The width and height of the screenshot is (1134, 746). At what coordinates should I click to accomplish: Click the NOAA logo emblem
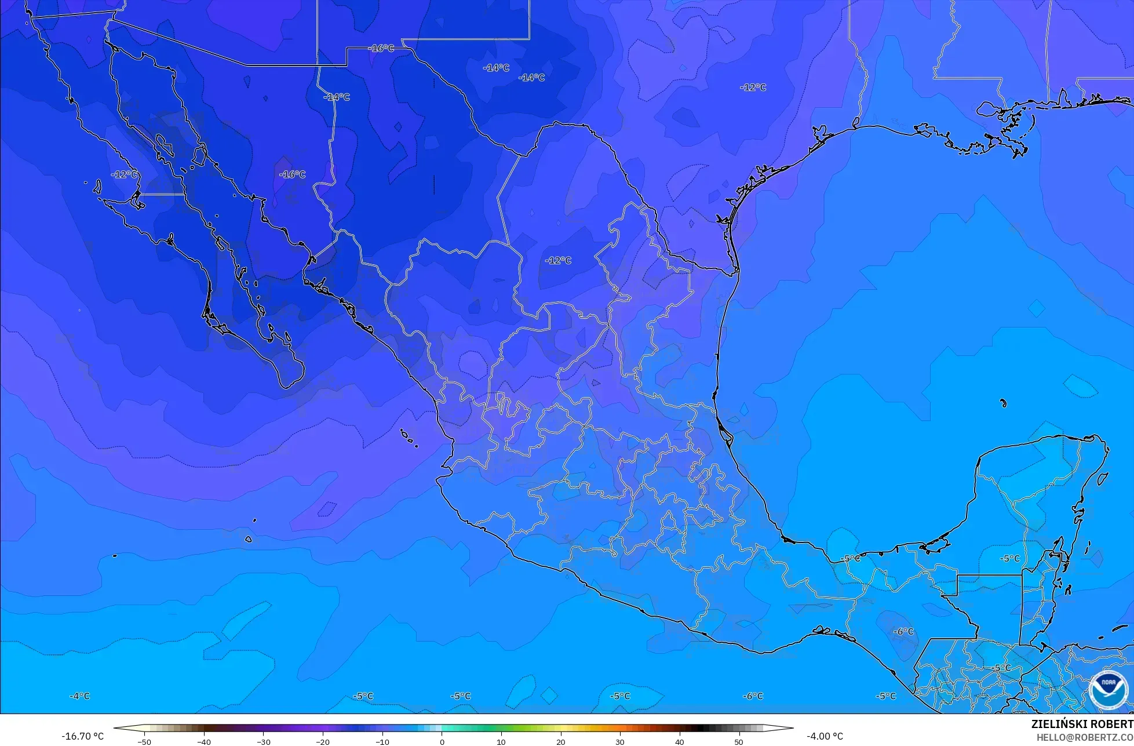pyautogui.click(x=1108, y=690)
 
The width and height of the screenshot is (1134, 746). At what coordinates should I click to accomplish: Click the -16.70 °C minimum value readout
pyautogui.click(x=83, y=736)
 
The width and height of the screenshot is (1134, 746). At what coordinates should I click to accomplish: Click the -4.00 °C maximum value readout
pyautogui.click(x=825, y=736)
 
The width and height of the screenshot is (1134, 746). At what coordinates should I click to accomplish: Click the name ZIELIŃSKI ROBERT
pyautogui.click(x=1082, y=725)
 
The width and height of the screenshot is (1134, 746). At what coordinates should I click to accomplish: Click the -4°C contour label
pyautogui.click(x=79, y=696)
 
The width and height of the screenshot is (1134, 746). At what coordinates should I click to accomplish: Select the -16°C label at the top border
pyautogui.click(x=381, y=48)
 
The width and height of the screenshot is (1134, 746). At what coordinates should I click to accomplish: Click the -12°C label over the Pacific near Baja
pyautogui.click(x=125, y=174)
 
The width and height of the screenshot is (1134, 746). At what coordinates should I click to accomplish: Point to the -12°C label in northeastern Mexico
pyautogui.click(x=558, y=260)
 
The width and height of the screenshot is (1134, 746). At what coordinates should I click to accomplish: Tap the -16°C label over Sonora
pyautogui.click(x=292, y=174)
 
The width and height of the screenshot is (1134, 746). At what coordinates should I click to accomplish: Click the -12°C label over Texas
pyautogui.click(x=753, y=88)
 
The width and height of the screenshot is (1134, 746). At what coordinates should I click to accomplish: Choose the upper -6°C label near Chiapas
pyautogui.click(x=903, y=631)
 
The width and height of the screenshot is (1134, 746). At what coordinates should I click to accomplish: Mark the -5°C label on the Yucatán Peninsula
pyautogui.click(x=1009, y=558)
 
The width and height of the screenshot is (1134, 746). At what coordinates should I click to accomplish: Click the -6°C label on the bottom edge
pyautogui.click(x=753, y=696)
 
